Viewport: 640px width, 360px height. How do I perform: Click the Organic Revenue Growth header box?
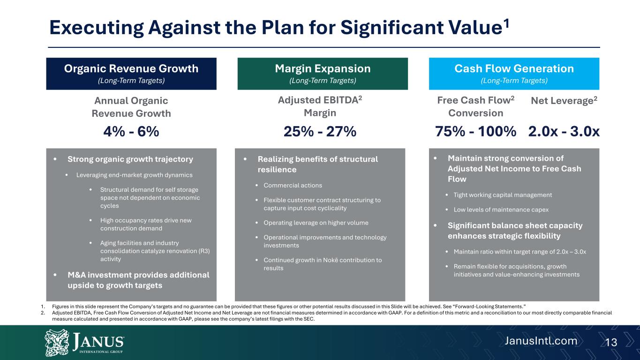(x=131, y=74)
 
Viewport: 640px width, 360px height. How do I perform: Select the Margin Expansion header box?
(x=323, y=74)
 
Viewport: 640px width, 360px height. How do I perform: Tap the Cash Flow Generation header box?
(x=514, y=74)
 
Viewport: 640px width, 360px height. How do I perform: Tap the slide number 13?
(x=611, y=343)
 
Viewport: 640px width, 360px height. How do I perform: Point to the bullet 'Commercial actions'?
(x=293, y=185)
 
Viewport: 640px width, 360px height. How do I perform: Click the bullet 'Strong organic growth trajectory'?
(x=130, y=159)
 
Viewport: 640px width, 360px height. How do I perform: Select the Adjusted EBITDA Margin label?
(x=320, y=106)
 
